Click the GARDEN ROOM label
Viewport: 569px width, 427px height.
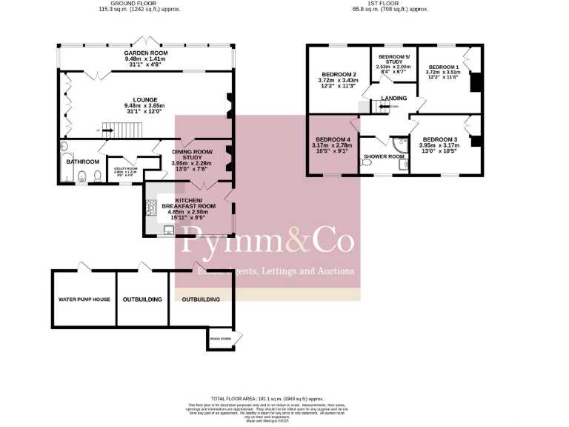(x=146, y=53)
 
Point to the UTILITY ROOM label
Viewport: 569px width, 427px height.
(x=125, y=168)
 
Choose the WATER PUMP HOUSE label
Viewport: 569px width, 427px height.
(x=84, y=300)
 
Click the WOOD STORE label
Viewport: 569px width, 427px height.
(x=220, y=338)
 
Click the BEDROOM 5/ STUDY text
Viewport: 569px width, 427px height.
(x=393, y=59)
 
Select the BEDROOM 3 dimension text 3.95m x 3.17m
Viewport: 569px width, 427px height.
(x=440, y=146)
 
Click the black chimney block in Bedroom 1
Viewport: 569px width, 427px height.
(x=477, y=82)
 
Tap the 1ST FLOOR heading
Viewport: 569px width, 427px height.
(x=390, y=3)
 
